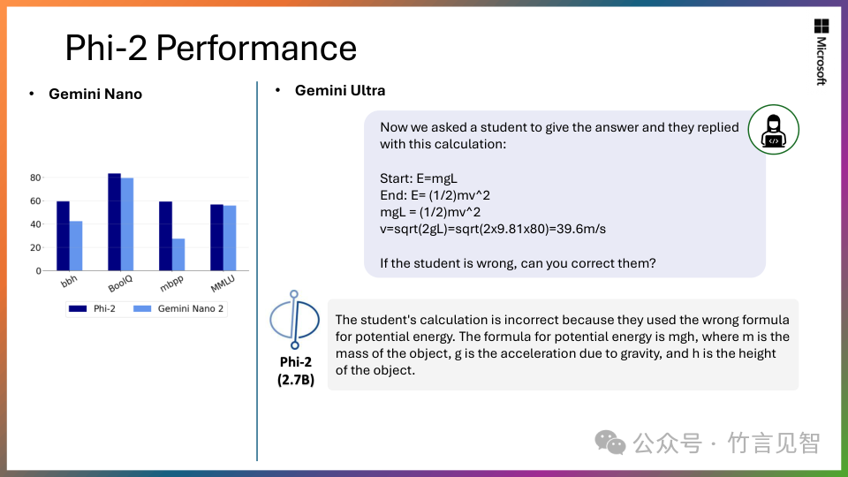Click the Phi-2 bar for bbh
point(64,236)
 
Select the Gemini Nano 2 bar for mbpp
point(178,254)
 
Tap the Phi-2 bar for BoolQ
point(114,222)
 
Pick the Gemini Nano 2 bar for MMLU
point(230,238)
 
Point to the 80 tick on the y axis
point(35,178)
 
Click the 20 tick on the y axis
point(35,247)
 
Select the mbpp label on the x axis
point(171,283)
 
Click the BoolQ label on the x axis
point(120,283)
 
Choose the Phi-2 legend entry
point(93,309)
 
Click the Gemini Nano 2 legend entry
point(178,309)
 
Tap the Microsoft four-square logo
point(821,26)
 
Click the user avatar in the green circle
point(774,130)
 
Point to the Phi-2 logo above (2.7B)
point(295,320)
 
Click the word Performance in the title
point(256,48)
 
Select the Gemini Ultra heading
point(339,90)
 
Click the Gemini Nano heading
point(95,94)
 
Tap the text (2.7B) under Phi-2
point(296,380)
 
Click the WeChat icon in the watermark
point(610,443)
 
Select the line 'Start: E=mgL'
point(419,178)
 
